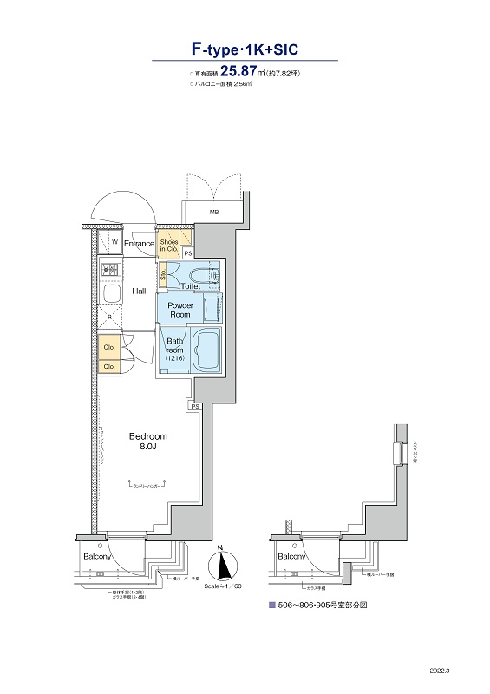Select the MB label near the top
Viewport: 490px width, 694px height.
pyautogui.click(x=213, y=212)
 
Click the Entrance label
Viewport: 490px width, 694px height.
pyautogui.click(x=139, y=244)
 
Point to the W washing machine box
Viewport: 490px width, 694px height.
pyautogui.click(x=114, y=243)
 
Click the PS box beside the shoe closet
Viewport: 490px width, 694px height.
pyautogui.click(x=188, y=252)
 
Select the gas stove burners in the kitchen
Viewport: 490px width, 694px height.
pyautogui.click(x=110, y=270)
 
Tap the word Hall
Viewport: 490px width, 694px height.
pyautogui.click(x=139, y=291)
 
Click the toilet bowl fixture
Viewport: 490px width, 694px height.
pyautogui.click(x=211, y=274)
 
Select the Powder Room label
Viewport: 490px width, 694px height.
pyautogui.click(x=180, y=310)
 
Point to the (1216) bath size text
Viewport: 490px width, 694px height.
pyautogui.click(x=175, y=358)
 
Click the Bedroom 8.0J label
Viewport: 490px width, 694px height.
pyautogui.click(x=148, y=442)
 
